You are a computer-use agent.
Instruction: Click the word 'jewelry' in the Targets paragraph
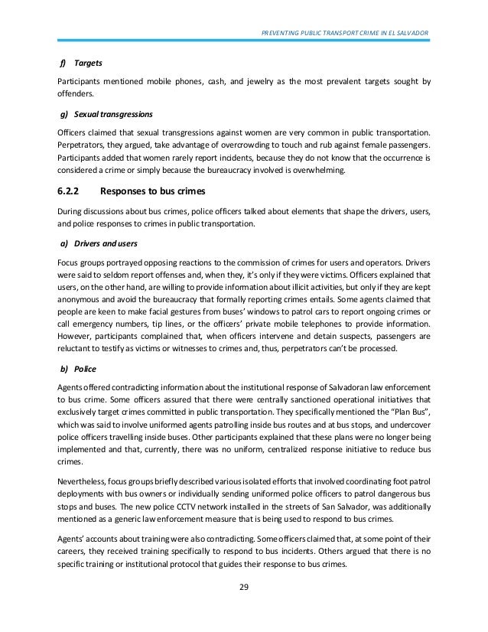coord(246,81)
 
